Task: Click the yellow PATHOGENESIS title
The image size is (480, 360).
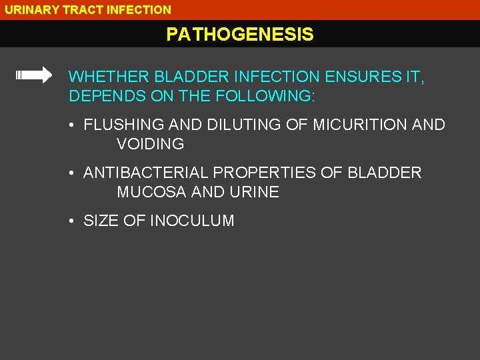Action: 240,35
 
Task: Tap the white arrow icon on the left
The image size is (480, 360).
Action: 34,75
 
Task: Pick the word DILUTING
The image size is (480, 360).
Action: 235,125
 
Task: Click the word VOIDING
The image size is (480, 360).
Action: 151,144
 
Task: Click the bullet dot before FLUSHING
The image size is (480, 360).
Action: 71,125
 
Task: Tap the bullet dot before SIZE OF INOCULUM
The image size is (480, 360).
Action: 71,221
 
